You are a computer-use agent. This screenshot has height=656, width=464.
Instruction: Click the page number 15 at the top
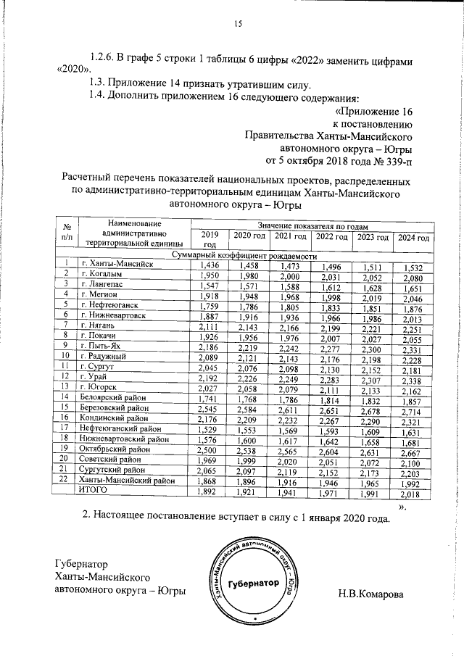point(236,25)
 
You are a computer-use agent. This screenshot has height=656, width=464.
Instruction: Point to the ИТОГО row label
point(93,491)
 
